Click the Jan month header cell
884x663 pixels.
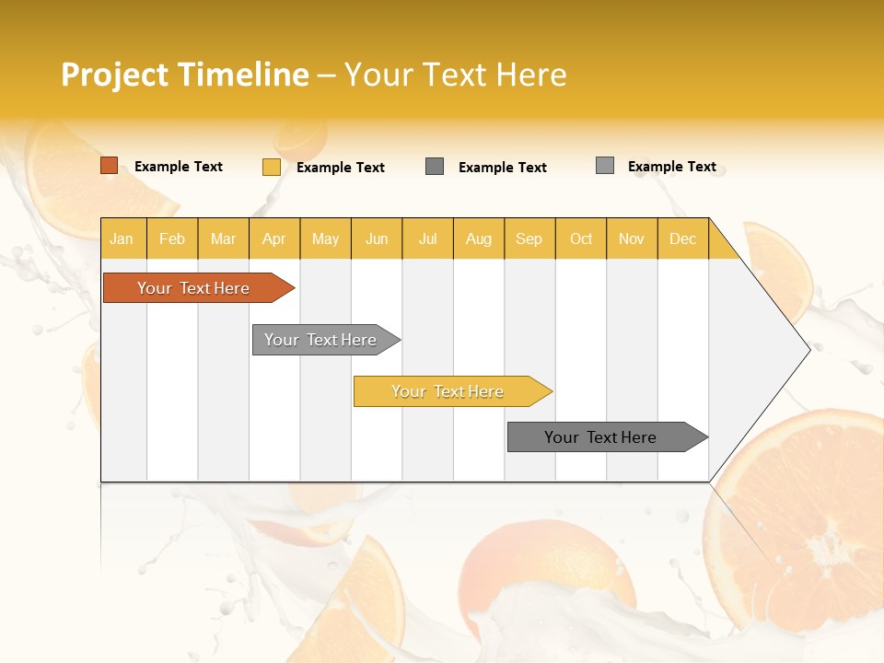(122, 238)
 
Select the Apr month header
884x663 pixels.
(273, 238)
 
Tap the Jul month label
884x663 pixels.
(427, 238)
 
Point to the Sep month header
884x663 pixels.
(529, 238)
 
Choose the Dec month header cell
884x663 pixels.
(682, 238)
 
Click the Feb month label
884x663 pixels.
(172, 238)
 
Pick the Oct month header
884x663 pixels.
(581, 238)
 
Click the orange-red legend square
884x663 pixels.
(110, 166)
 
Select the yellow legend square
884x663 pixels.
(272, 167)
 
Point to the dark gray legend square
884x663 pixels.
(435, 167)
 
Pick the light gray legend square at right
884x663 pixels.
(605, 166)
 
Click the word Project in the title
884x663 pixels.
(115, 75)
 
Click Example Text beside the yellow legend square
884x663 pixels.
(341, 168)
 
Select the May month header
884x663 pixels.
(325, 238)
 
